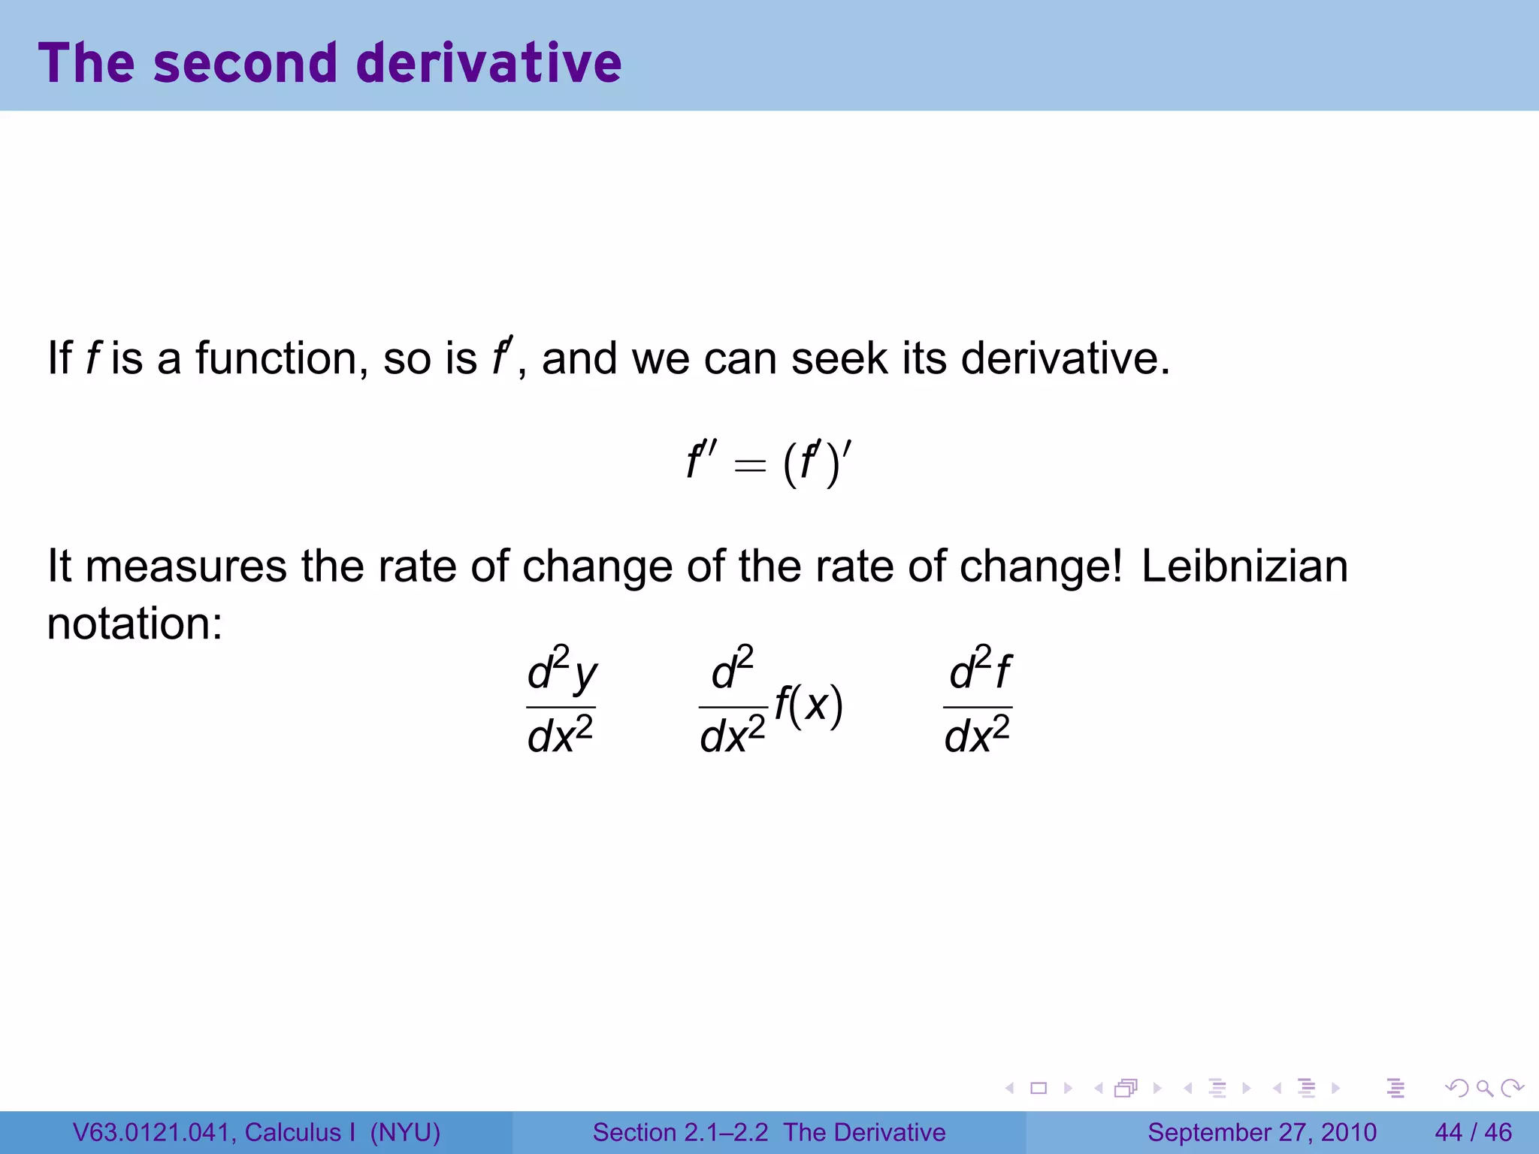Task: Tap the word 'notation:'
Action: pyautogui.click(x=135, y=624)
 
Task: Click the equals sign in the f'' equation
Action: pyautogui.click(x=750, y=466)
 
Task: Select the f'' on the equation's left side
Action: pyautogui.click(x=701, y=461)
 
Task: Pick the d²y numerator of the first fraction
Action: pyautogui.click(x=561, y=670)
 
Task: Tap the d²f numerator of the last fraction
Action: pyautogui.click(x=979, y=670)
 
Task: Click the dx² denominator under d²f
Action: pyautogui.click(x=977, y=735)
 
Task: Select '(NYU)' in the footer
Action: pyautogui.click(x=405, y=1132)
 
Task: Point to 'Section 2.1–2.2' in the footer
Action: pyautogui.click(x=680, y=1132)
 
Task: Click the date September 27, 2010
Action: pyautogui.click(x=1262, y=1132)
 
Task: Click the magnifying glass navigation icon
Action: pyautogui.click(x=1484, y=1088)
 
